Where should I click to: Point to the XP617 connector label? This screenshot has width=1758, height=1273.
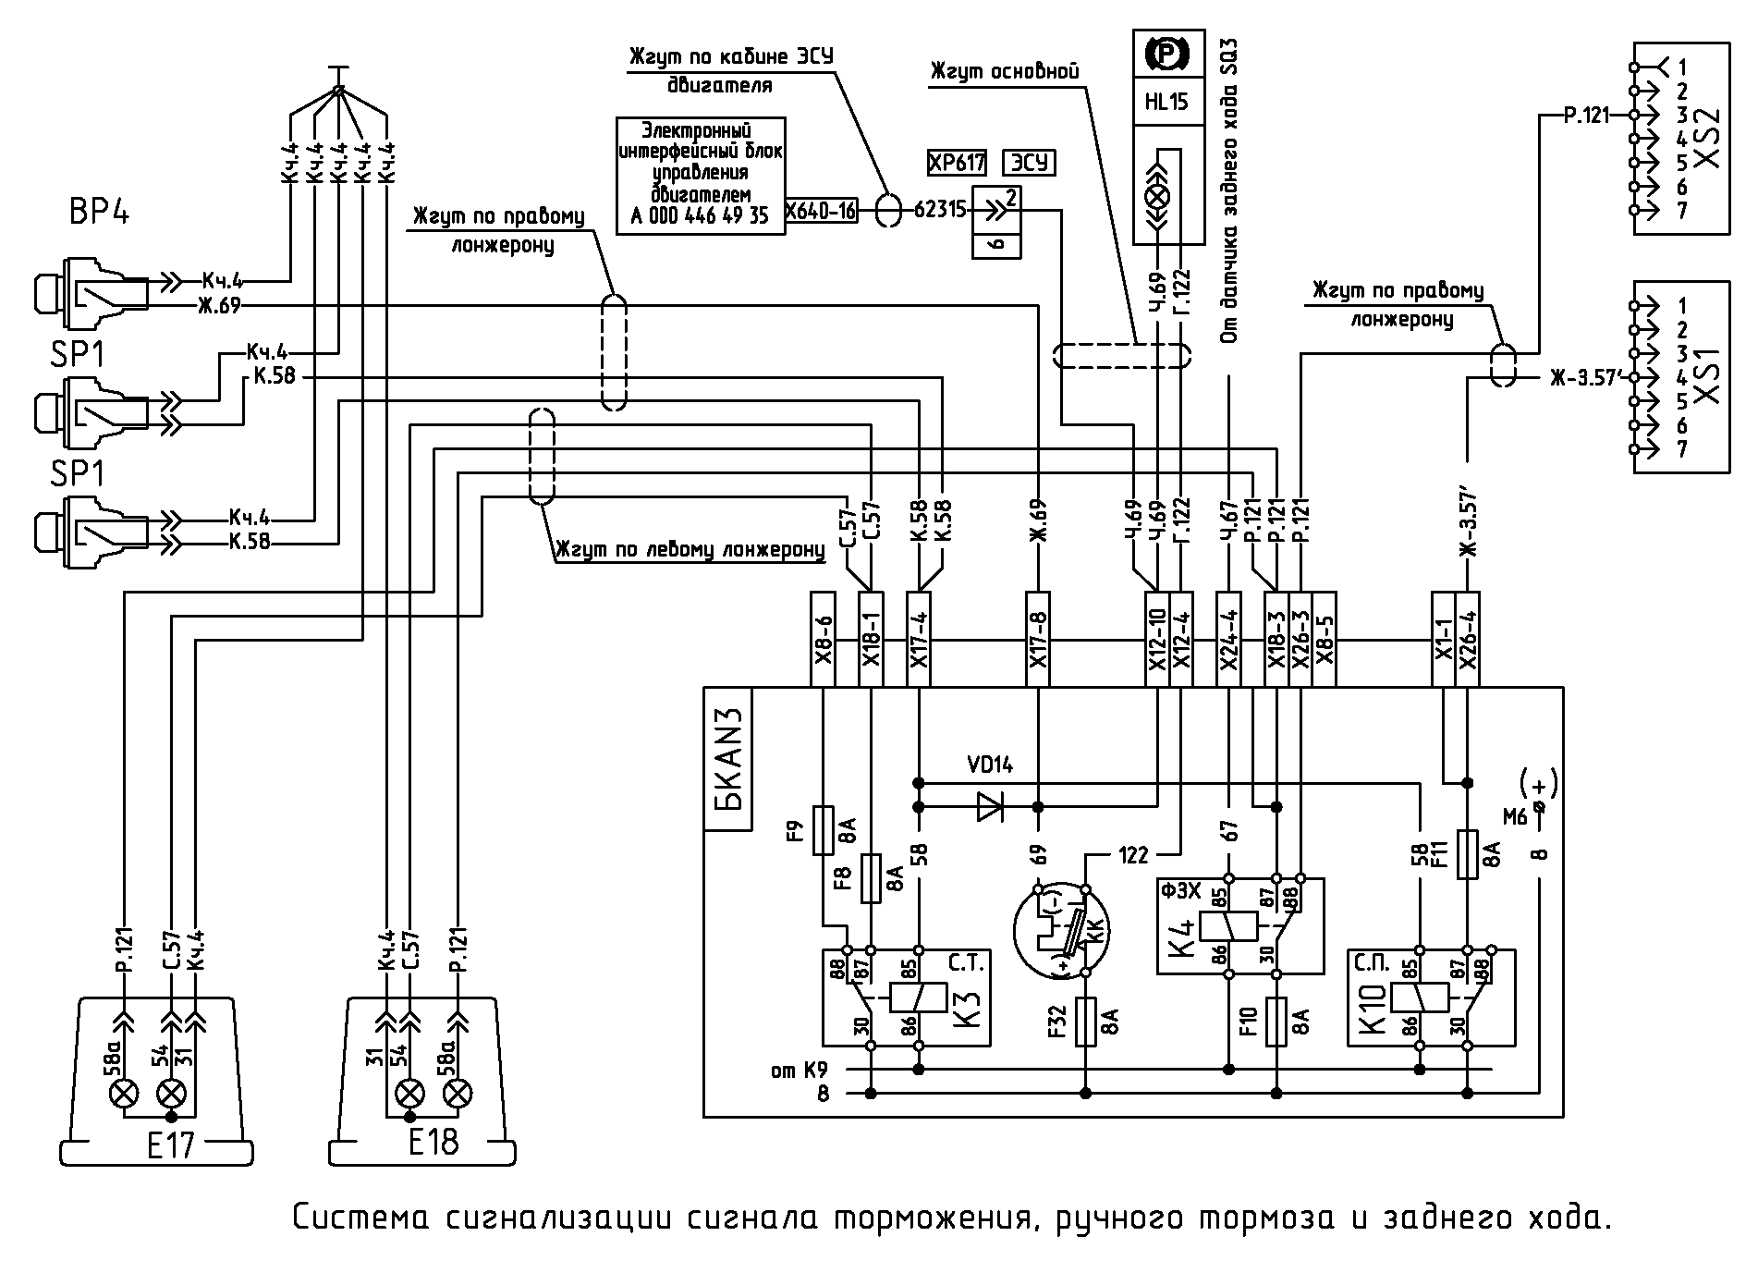pos(957,163)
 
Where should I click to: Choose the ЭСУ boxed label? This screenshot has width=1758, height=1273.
pos(1030,163)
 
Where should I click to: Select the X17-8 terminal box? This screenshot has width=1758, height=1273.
pos(1038,639)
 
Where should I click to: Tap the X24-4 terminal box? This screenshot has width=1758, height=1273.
pos(1229,639)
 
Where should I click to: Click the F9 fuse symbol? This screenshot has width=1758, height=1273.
pos(823,829)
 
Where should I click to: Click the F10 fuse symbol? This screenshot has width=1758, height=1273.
pos(1276,1022)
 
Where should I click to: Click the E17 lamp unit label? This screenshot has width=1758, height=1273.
pos(170,1146)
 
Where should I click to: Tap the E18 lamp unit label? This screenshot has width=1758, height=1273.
pos(433,1142)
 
